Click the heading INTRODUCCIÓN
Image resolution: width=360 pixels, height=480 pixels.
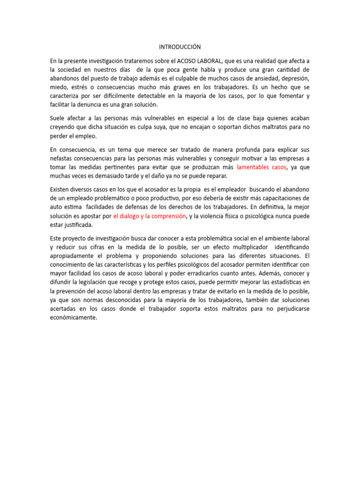pyautogui.click(x=180, y=47)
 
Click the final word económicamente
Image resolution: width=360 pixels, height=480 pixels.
pyautogui.click(x=73, y=317)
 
